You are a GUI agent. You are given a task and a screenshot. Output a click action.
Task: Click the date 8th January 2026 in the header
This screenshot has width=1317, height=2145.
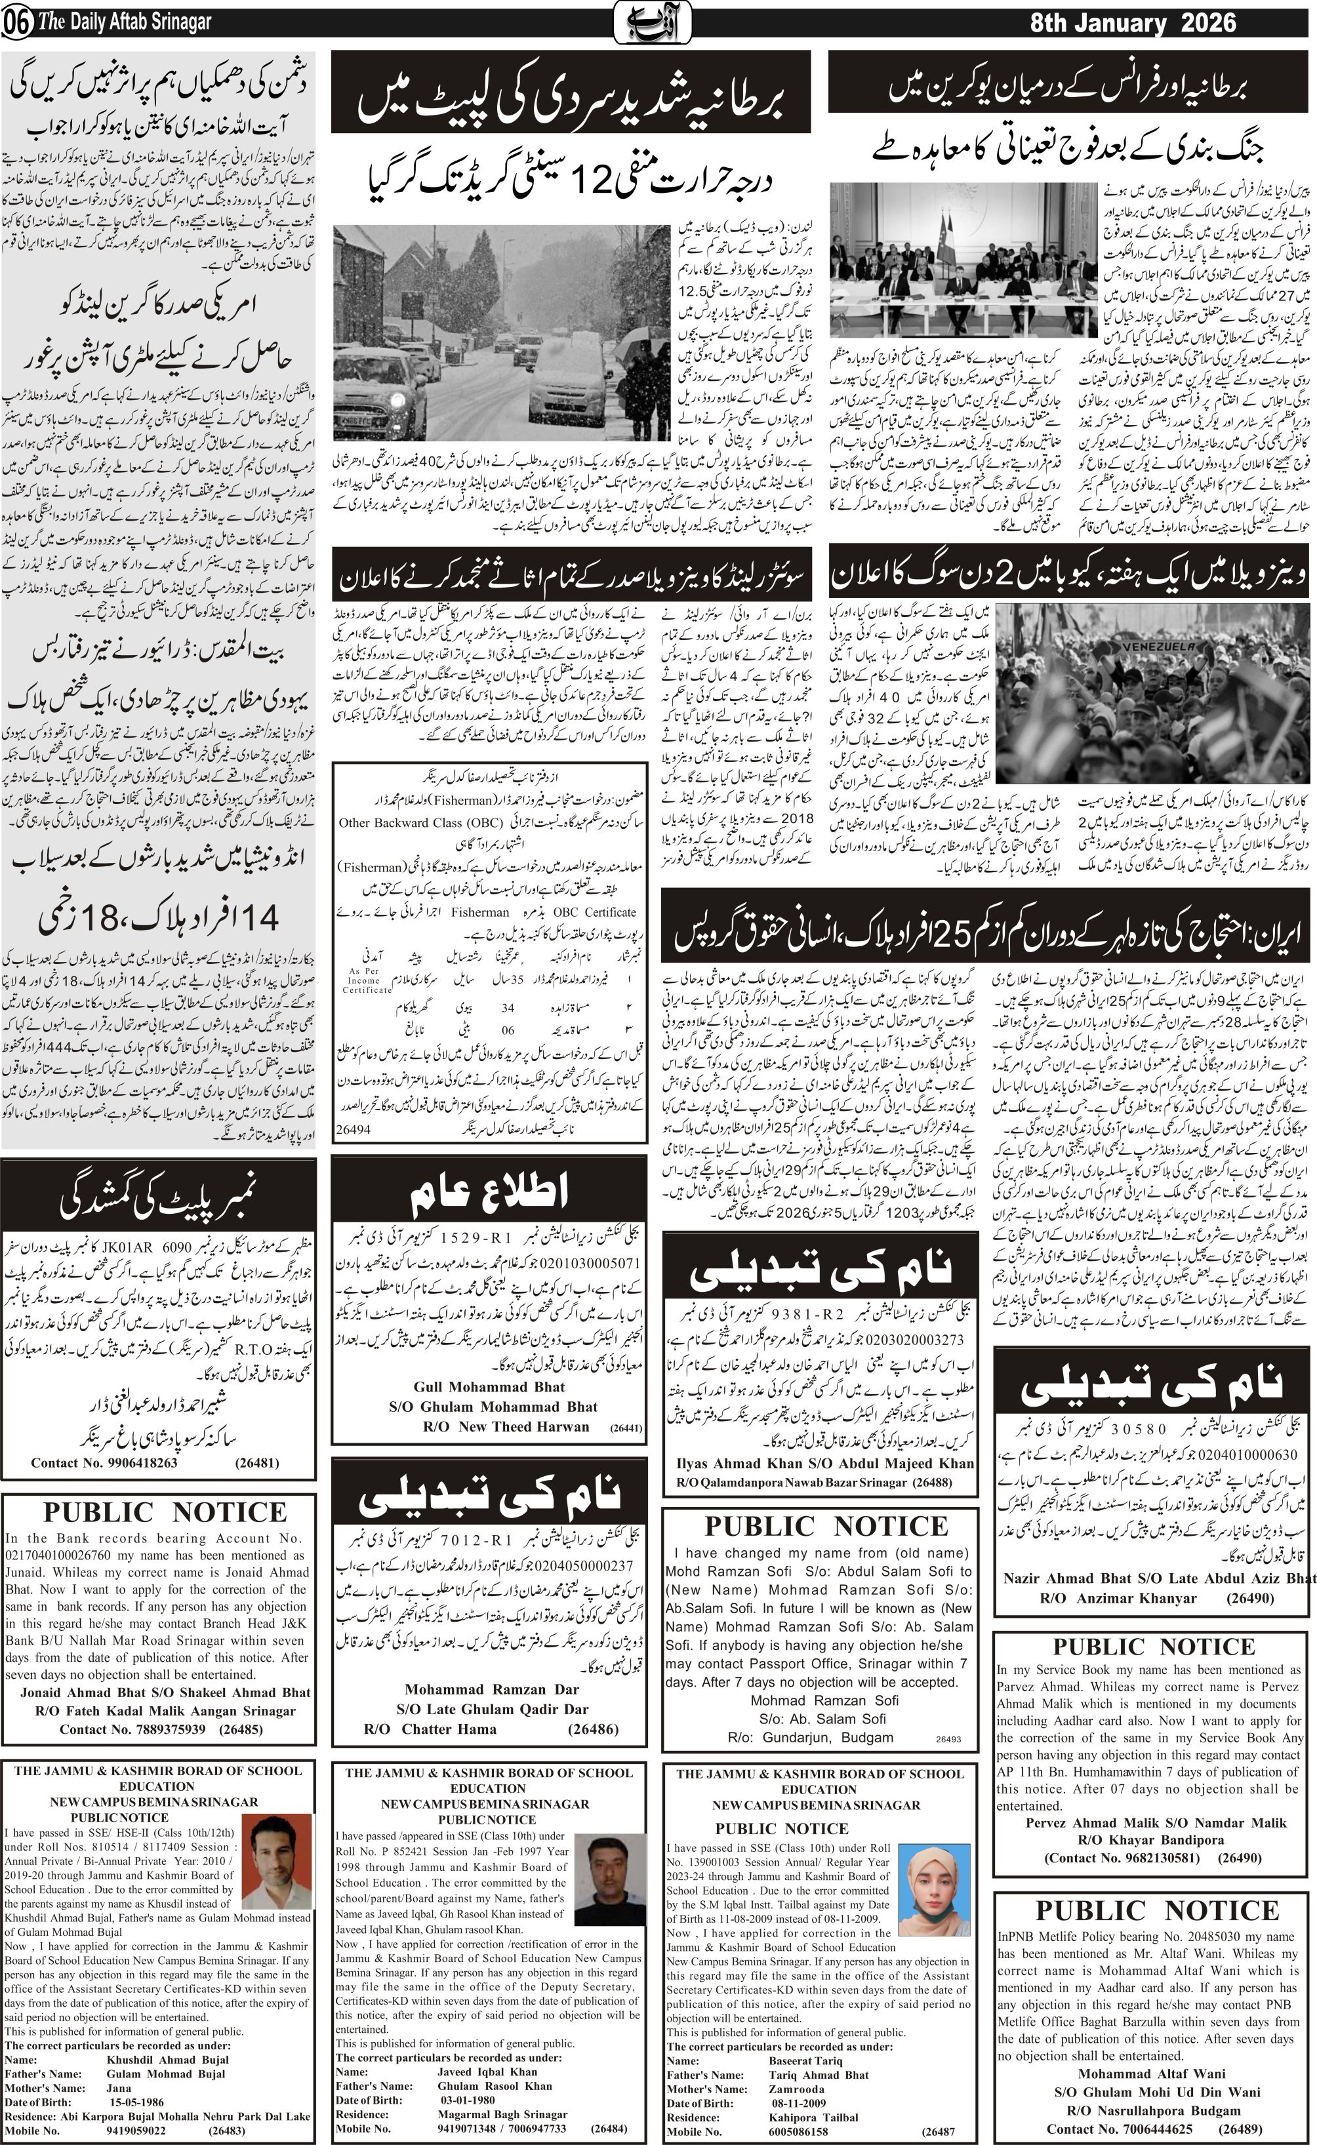click(x=1132, y=23)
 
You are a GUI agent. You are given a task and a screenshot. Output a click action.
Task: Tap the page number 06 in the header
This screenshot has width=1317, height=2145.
click(x=16, y=24)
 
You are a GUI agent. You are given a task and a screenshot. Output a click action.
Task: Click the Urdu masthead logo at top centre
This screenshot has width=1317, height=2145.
click(x=653, y=21)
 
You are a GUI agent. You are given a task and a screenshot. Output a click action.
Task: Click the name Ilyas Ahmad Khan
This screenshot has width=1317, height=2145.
click(x=744, y=1463)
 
